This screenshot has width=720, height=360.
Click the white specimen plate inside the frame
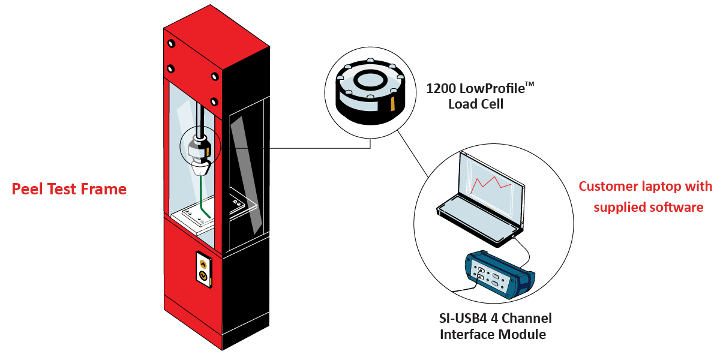tap(193, 217)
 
